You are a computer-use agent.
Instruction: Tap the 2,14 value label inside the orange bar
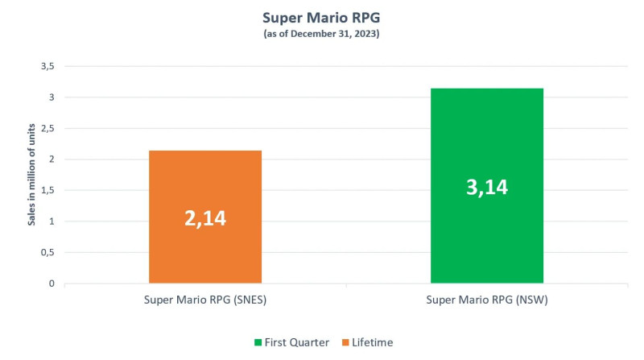(205, 217)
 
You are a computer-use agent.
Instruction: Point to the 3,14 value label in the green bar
(487, 187)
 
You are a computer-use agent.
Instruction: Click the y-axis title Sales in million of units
(32, 175)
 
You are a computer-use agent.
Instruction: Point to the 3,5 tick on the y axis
(47, 67)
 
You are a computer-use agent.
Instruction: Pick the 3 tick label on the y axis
(51, 97)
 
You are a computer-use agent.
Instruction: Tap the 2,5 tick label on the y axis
(47, 129)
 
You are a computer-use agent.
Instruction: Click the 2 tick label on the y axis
(51, 159)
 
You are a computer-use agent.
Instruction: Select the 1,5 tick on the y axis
(47, 191)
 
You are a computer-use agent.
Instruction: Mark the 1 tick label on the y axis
(51, 221)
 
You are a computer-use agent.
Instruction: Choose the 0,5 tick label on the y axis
(47, 253)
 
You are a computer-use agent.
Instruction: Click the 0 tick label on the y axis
(51, 283)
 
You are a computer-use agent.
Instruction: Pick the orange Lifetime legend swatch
(345, 342)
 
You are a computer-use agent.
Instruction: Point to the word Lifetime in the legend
(373, 342)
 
